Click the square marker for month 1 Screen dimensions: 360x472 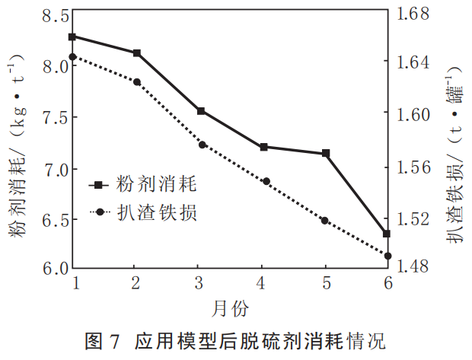click(x=72, y=37)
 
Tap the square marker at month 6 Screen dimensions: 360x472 click(x=387, y=234)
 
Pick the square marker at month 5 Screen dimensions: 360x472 click(x=326, y=154)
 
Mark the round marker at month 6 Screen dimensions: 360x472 click(x=387, y=256)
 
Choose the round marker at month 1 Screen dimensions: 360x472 click(x=72, y=57)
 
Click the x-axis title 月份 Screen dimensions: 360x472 click(x=229, y=307)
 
